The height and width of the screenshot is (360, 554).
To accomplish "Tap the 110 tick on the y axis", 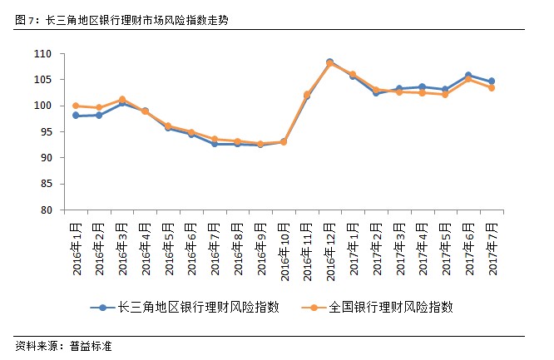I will click(43, 54).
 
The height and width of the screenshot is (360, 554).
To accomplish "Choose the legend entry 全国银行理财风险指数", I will click(388, 307).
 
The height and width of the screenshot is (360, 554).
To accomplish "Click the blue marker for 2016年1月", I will click(76, 116).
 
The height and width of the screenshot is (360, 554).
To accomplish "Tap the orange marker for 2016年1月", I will click(76, 106).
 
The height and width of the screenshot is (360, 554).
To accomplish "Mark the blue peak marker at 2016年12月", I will click(329, 62).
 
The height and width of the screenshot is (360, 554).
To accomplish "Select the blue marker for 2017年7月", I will click(492, 81).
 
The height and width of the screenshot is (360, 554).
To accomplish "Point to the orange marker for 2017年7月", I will click(492, 87).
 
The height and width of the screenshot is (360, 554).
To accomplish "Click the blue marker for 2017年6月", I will click(468, 76).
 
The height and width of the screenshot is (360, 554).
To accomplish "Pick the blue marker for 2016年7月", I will click(215, 144).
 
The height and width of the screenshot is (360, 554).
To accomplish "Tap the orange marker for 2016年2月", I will click(99, 107).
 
